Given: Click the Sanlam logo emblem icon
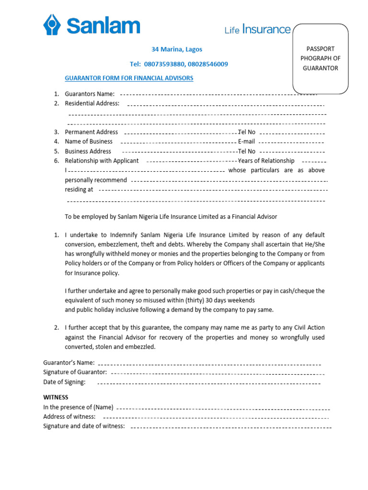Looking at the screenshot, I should (x=53, y=25).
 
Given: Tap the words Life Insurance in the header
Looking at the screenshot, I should (x=257, y=30).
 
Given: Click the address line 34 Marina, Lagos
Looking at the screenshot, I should (x=177, y=49).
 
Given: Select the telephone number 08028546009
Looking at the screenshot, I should (x=208, y=64).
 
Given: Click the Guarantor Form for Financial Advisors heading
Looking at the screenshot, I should (x=129, y=78).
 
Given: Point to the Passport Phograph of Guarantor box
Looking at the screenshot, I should (x=320, y=58).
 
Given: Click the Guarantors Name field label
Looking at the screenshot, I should (x=90, y=94).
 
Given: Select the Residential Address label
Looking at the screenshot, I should (x=92, y=103).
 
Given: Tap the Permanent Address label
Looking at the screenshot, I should (x=91, y=132).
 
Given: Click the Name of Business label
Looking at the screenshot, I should (x=89, y=142).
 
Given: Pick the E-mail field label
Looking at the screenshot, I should (x=246, y=142).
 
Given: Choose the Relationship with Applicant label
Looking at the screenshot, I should (x=102, y=161).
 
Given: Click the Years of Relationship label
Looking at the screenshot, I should (x=266, y=161).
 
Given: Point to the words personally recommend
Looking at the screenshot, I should (x=96, y=180).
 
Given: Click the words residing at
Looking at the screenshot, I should (x=79, y=189).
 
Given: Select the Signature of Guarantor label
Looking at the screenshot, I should (x=75, y=372).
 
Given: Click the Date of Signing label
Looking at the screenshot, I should (x=64, y=382).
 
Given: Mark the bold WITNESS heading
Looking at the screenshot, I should (x=56, y=397).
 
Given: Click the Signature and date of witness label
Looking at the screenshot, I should (x=84, y=426).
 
